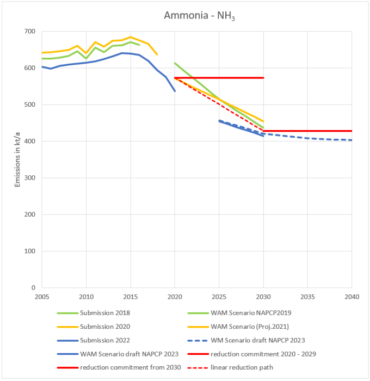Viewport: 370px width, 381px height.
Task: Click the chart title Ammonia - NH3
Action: click(199, 15)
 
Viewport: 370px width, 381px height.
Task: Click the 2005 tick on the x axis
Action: click(41, 297)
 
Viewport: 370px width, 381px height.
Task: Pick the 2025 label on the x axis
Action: click(219, 297)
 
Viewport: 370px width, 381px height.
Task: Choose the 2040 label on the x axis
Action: click(351, 297)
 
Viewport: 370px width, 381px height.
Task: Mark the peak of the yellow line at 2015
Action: click(131, 37)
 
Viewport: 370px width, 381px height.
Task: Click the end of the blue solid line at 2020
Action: click(175, 91)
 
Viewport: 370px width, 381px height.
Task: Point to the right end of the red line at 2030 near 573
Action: click(263, 78)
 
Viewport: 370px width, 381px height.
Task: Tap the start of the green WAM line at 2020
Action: click(175, 63)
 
